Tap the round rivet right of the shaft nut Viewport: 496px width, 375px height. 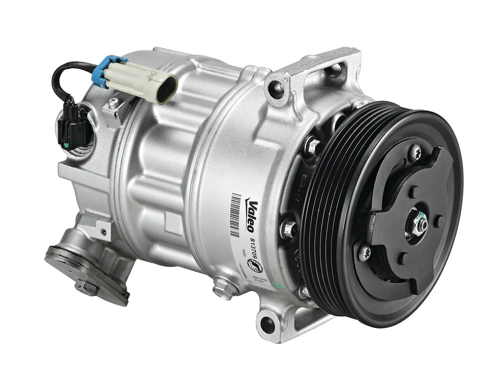tap(441, 220)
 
